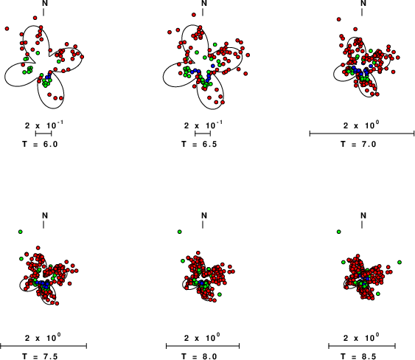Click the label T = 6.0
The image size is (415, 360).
(x=40, y=144)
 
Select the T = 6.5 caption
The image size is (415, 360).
(x=199, y=144)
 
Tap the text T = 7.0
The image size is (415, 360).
(x=358, y=144)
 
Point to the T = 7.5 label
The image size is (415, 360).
(x=40, y=356)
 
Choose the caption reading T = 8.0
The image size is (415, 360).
(x=199, y=356)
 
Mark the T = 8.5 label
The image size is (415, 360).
(x=358, y=356)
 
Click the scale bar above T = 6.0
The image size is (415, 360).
(x=43, y=134)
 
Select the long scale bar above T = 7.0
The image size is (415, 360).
(x=362, y=134)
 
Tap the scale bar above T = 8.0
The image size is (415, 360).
(x=203, y=346)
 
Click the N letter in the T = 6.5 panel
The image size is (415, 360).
(x=204, y=3)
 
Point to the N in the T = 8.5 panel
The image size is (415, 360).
(x=363, y=215)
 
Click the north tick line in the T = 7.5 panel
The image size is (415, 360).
(x=43, y=225)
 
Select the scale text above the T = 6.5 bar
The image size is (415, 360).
(x=203, y=125)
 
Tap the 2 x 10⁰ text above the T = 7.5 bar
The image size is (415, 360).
(x=43, y=337)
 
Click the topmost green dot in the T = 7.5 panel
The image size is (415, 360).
(x=21, y=232)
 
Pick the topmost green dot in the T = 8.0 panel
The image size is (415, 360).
(x=180, y=232)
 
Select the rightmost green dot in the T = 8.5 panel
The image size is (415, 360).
(x=400, y=262)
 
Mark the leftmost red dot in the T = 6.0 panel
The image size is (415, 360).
(x=7, y=29)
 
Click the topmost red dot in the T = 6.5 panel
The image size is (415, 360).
(x=194, y=15)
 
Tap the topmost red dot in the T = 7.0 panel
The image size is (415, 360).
(x=339, y=19)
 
